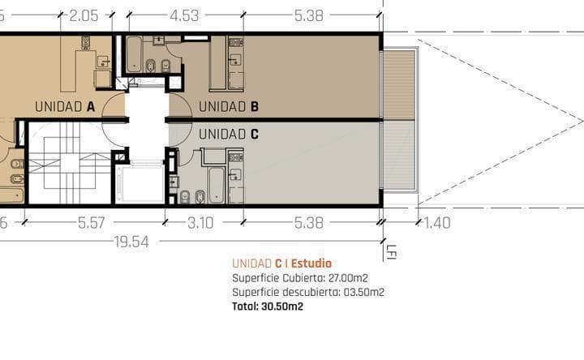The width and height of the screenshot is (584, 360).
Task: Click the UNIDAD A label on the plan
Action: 65,106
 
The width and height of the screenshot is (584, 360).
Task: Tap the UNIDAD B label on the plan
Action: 229,106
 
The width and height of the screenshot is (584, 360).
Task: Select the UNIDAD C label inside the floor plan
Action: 229,135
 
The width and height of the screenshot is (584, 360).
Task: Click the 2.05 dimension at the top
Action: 84,15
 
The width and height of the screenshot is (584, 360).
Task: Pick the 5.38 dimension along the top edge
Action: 311,15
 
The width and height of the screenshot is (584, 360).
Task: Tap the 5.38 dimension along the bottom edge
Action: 311,222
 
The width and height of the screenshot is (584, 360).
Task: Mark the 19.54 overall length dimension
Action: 131,241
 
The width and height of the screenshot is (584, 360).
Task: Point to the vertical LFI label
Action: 391,252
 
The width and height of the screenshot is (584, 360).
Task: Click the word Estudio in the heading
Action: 311,264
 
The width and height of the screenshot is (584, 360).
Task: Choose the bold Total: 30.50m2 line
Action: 268,306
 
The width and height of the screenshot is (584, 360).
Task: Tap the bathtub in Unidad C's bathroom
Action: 217,185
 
